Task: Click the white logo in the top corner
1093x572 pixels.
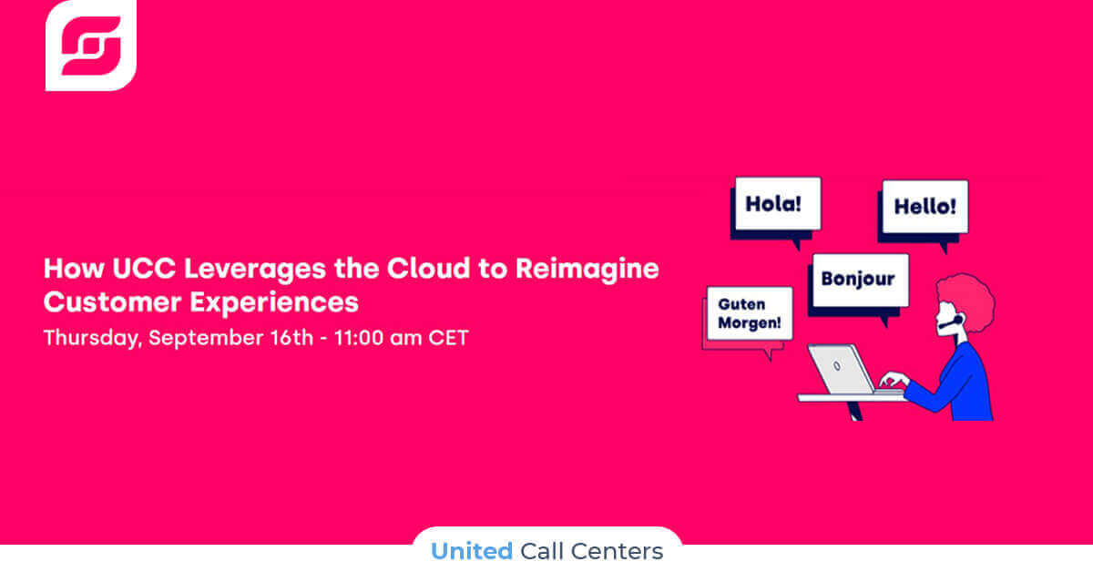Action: [x=91, y=45]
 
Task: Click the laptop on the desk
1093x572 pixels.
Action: [x=848, y=370]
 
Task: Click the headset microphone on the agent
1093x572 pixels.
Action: [x=951, y=322]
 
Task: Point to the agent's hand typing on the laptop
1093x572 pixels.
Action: [x=894, y=379]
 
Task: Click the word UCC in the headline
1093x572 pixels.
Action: [x=144, y=269]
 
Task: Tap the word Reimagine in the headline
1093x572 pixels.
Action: [x=587, y=270]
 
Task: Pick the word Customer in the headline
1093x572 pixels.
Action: [x=113, y=302]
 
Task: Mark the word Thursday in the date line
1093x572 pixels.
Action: [x=93, y=338]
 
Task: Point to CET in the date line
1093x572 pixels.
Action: [x=448, y=338]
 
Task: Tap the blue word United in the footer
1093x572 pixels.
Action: [x=472, y=551]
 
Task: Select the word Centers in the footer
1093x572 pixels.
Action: [x=617, y=551]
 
